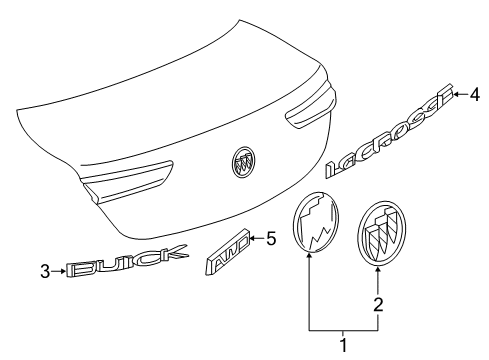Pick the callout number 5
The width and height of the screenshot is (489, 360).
click(270, 238)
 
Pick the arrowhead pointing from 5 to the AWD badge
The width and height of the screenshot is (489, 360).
click(250, 238)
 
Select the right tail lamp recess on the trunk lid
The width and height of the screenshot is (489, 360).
click(305, 110)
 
